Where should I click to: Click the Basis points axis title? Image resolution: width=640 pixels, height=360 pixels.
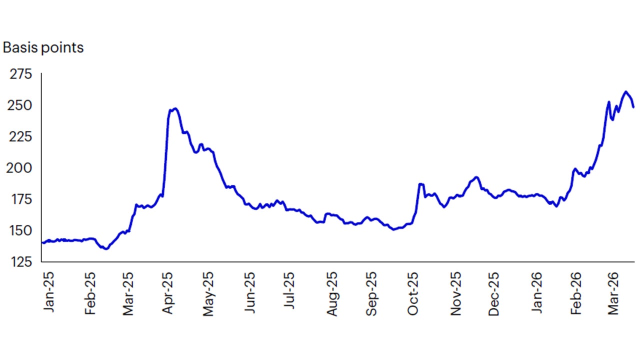(x=43, y=47)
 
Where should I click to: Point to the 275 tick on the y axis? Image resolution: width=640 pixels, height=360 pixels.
(x=21, y=74)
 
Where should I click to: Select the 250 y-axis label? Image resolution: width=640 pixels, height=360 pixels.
(x=21, y=105)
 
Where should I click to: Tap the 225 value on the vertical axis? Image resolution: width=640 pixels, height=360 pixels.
(x=21, y=136)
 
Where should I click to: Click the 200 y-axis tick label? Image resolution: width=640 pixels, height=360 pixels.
(x=21, y=168)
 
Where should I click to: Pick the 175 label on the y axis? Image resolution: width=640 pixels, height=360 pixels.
(x=21, y=199)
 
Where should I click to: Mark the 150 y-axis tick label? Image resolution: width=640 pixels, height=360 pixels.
(x=21, y=230)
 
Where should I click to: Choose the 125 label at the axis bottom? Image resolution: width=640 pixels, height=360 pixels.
(x=21, y=261)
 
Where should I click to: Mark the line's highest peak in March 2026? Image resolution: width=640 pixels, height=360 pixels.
(x=625, y=91)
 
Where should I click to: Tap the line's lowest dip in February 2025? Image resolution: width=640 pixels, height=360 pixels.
(x=106, y=248)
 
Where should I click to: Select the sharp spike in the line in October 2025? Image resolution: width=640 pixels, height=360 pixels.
(x=420, y=184)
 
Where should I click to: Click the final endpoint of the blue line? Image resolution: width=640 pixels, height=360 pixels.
(x=633, y=107)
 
